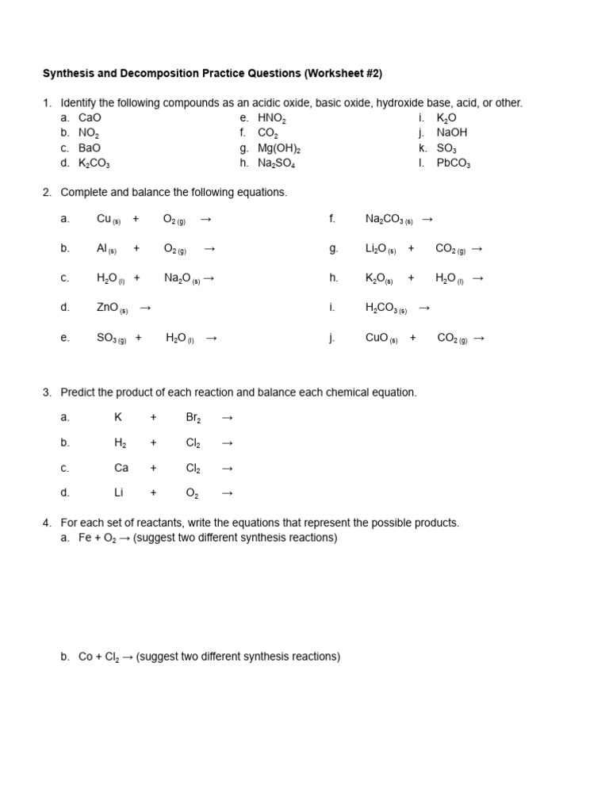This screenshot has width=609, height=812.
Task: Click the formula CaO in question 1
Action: click(90, 118)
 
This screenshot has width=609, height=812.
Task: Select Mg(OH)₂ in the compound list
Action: click(279, 148)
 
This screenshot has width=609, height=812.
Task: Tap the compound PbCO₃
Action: click(453, 163)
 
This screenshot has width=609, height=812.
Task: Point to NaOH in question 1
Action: click(452, 133)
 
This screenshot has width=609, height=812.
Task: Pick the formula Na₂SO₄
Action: click(276, 163)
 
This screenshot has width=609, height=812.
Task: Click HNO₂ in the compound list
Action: click(271, 118)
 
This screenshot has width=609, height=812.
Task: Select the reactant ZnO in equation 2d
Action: click(107, 308)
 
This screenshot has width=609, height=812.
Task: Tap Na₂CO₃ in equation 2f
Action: click(385, 219)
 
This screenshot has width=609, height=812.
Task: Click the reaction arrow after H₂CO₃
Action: click(424, 308)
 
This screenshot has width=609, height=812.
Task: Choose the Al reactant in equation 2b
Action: click(101, 248)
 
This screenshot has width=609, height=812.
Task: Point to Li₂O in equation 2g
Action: click(376, 248)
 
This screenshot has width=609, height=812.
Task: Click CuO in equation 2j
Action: click(377, 338)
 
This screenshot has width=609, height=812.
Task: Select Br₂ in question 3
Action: click(193, 417)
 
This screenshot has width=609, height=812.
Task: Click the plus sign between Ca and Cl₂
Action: click(153, 468)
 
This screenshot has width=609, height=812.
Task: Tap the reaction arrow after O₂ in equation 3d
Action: click(228, 493)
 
